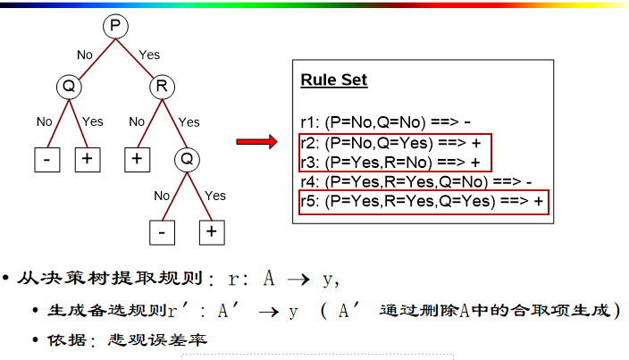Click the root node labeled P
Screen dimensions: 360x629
114,27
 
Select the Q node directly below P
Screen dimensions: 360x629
68,87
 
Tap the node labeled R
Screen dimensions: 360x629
162,87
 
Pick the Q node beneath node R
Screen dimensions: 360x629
186,159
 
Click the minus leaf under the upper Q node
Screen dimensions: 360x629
46,159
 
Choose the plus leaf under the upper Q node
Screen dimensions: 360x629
87,159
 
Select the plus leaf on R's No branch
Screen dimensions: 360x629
137,159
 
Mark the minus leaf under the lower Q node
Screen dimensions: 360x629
162,231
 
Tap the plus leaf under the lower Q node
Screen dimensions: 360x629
211,231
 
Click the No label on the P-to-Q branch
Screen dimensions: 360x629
85,54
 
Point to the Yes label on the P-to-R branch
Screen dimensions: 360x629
149,54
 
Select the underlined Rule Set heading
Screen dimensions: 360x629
333,80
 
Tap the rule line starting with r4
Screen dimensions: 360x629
415,182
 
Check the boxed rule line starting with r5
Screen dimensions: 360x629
422,202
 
